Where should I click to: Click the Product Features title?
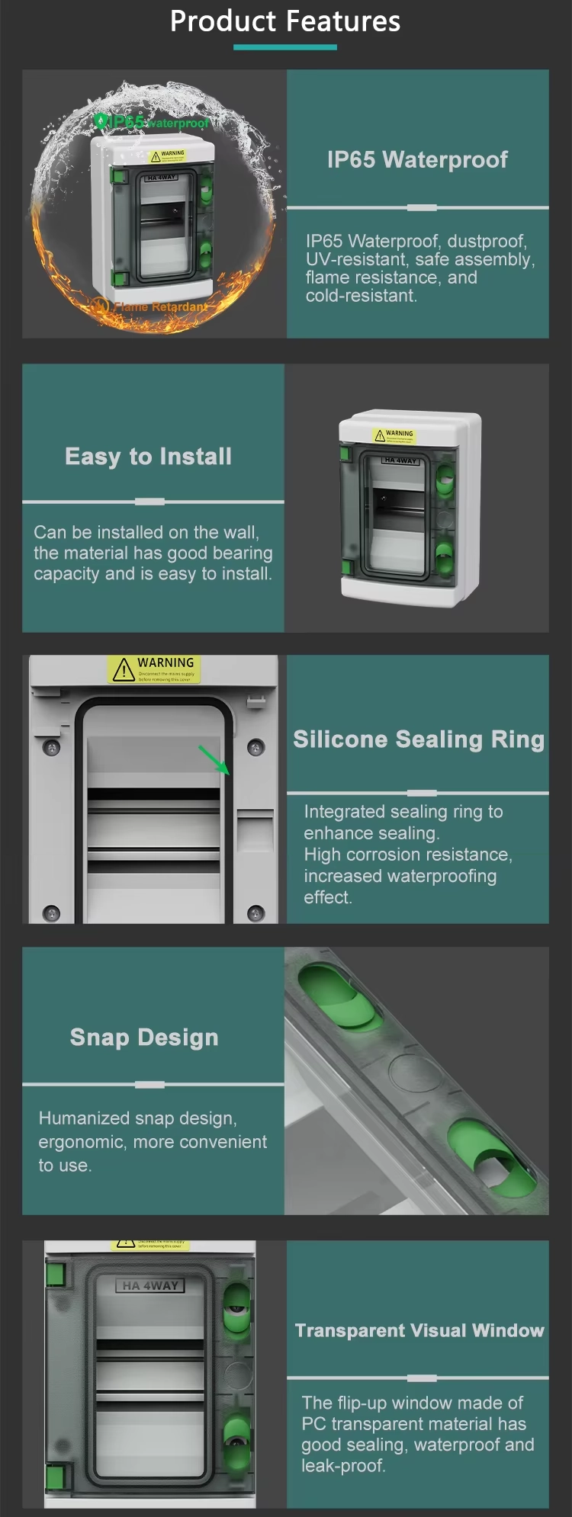(285, 21)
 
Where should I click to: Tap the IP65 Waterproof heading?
(417, 159)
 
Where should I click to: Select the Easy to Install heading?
(149, 457)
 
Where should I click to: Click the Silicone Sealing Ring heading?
(419, 739)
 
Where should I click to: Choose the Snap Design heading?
(144, 1038)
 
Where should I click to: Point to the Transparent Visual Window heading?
(419, 1330)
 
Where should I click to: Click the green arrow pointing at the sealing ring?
(214, 760)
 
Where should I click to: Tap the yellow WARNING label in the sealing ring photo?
(154, 669)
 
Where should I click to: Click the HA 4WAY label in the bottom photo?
(150, 1285)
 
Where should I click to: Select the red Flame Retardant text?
(160, 306)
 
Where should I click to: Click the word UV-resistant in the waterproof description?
(355, 260)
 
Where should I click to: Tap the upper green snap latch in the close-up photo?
(338, 996)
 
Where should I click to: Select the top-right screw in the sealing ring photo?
(256, 747)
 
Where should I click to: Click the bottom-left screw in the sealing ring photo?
(52, 912)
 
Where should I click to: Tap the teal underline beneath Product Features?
(285, 47)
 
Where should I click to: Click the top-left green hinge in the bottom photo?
(55, 1274)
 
